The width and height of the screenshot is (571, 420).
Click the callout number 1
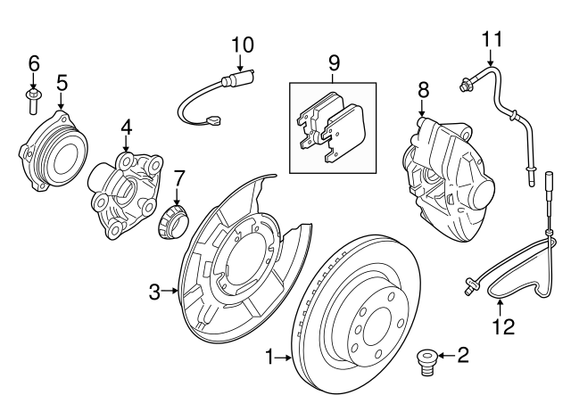coord(269,358)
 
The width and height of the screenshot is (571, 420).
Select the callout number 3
coord(154,291)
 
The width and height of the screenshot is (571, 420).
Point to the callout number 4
coord(126,128)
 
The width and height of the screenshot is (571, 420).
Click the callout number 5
coord(62,83)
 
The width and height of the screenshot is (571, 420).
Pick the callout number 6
coord(34,62)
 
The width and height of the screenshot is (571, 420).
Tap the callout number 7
coord(178,177)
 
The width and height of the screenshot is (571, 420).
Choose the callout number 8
coord(423,89)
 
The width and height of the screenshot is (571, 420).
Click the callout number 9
coord(334,62)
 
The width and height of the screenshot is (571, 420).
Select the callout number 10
coord(242,43)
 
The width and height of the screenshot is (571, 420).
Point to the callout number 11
coord(492,39)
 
